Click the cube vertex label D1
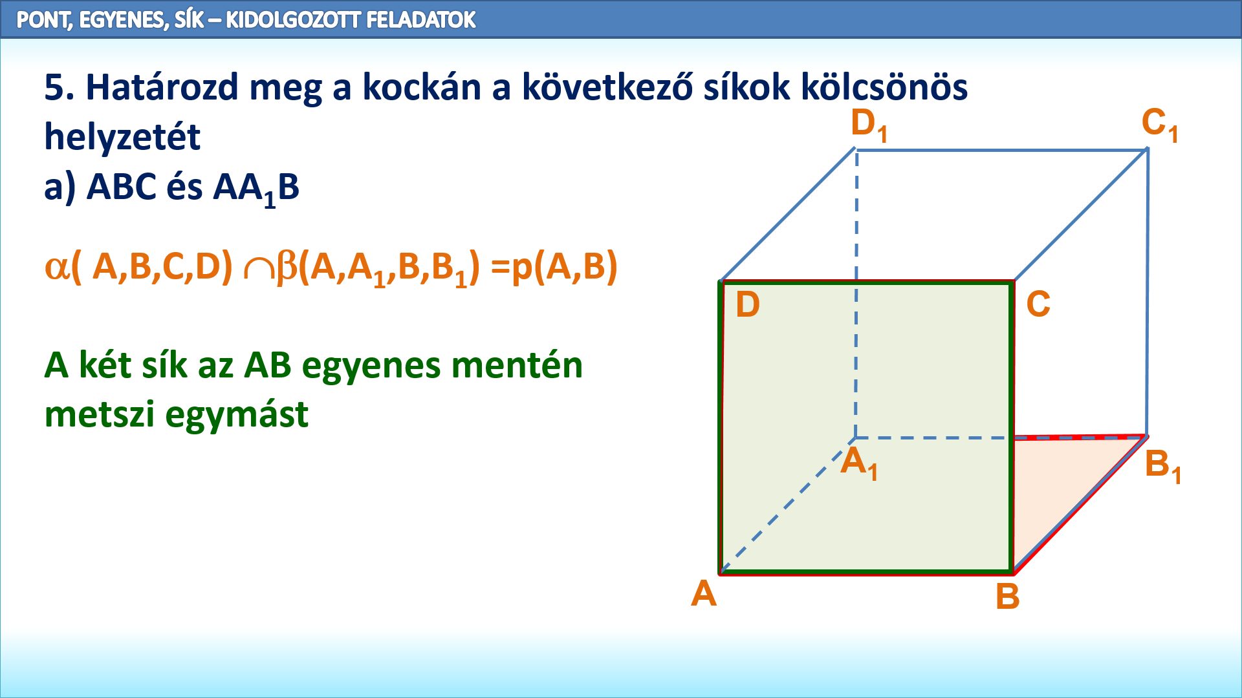point(869,125)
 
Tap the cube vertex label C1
point(1160,125)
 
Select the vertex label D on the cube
point(748,304)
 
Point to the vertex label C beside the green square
point(1038,304)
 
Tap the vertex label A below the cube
point(704,593)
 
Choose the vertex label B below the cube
point(1007,597)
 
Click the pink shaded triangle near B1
point(1061,491)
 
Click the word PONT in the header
point(43,20)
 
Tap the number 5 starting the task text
point(54,87)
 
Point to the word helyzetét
point(122,136)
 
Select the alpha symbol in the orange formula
point(56,266)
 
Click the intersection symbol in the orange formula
point(258,270)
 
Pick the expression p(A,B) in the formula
point(565,267)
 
